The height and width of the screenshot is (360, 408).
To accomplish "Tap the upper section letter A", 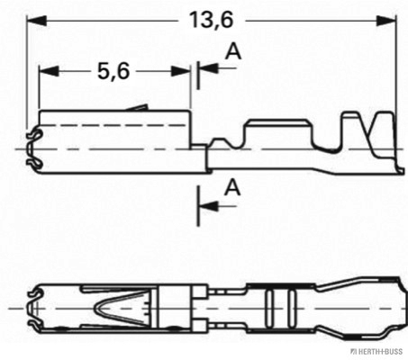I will pos(232,53).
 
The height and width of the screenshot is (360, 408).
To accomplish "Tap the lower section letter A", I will pos(232,188).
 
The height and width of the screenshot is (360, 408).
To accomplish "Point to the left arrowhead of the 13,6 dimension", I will pos(32,19).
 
